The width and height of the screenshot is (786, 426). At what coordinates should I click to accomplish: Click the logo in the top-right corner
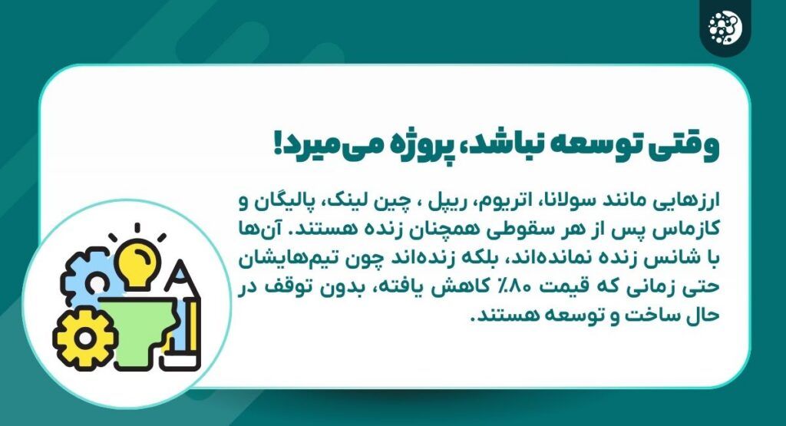click(725, 29)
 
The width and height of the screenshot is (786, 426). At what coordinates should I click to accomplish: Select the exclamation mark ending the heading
click(278, 147)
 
